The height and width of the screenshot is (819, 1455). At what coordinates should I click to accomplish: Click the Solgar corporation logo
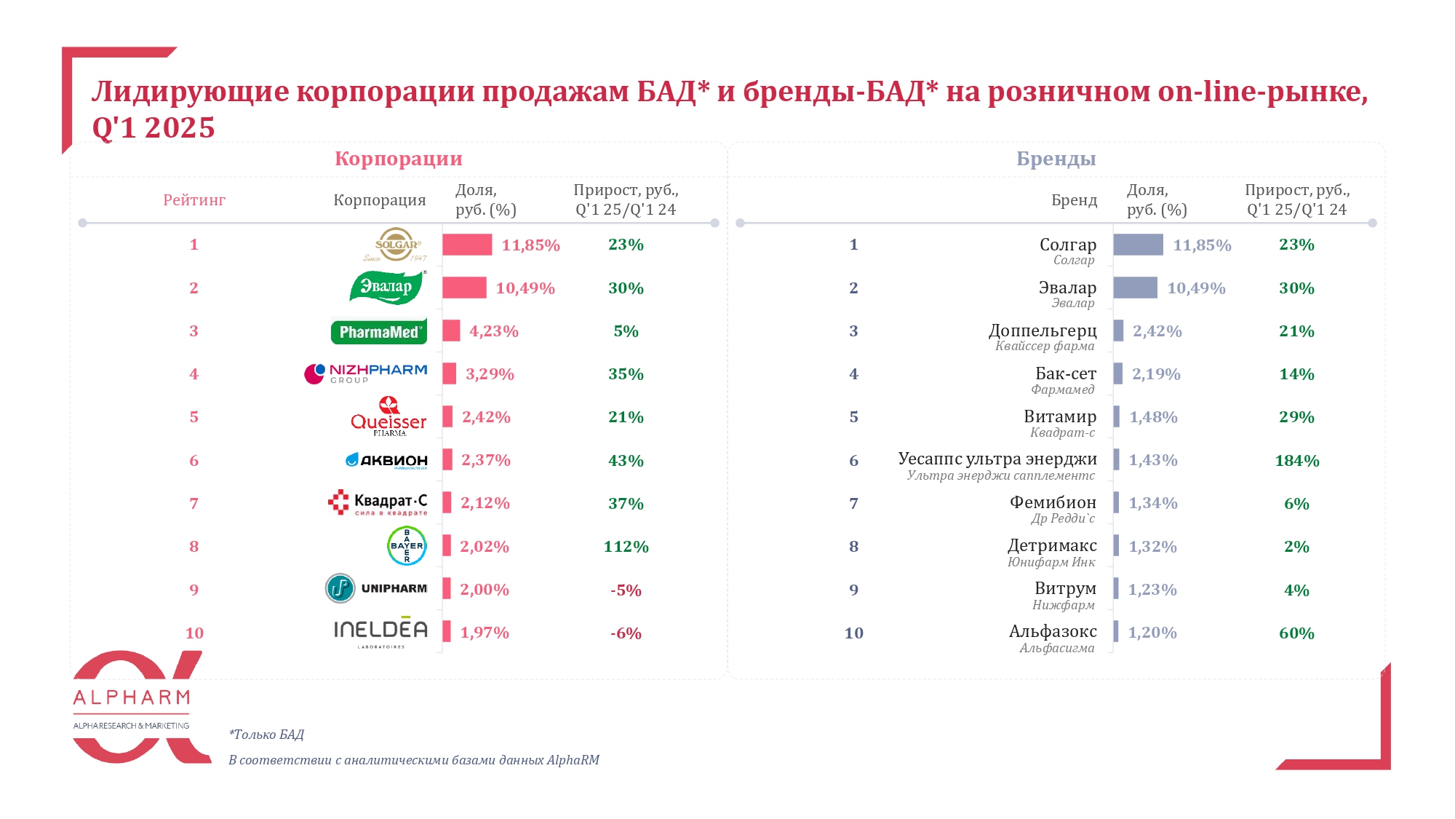(x=396, y=245)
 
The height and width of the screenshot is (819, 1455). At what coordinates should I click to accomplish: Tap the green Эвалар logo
(x=387, y=287)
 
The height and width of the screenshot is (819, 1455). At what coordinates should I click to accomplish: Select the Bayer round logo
(x=407, y=546)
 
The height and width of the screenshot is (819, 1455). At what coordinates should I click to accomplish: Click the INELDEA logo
(x=380, y=632)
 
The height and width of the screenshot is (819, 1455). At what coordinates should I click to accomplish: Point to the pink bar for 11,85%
(x=467, y=245)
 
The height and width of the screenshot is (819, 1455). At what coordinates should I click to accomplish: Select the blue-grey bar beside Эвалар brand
(x=1135, y=288)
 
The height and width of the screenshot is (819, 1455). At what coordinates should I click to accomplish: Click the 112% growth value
(x=626, y=547)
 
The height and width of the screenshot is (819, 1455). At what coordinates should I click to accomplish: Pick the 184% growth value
(x=1296, y=461)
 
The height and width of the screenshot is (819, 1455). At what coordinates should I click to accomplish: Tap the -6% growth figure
(x=626, y=633)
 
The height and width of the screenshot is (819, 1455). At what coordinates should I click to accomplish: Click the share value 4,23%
(x=493, y=331)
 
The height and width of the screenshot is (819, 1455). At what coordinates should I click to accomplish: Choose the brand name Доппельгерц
(x=1042, y=331)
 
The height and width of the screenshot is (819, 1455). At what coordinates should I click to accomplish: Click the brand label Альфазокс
(x=1052, y=631)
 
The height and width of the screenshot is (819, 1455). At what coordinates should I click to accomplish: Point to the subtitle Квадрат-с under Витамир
(x=1062, y=432)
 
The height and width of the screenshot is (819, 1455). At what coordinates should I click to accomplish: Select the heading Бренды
(x=1056, y=159)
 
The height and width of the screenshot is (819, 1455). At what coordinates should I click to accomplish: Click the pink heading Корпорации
(x=398, y=159)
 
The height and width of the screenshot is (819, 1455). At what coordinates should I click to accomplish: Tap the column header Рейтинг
(x=194, y=200)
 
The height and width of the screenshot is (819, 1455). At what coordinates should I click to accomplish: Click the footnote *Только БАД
(x=266, y=735)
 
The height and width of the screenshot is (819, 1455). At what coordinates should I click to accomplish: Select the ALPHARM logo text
(x=132, y=698)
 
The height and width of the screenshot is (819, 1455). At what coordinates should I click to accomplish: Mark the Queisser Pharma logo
(x=388, y=417)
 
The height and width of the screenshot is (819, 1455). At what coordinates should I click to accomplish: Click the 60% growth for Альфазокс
(x=1296, y=633)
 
